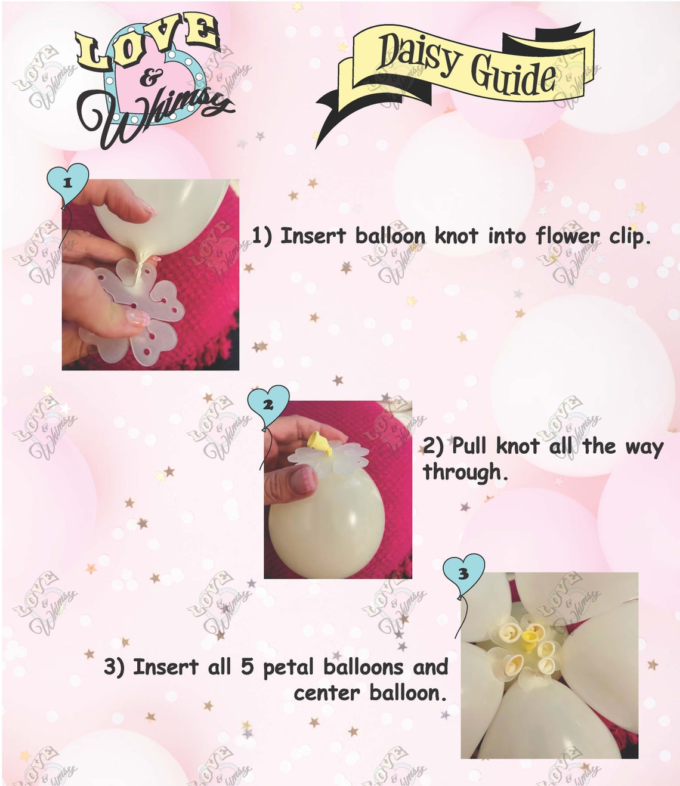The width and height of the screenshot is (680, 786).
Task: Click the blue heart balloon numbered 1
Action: pos(67,182)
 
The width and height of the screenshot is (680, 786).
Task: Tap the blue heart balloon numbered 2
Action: pos(268,405)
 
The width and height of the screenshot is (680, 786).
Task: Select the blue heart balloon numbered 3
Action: pos(463,574)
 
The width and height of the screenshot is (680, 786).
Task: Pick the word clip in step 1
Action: pos(628,237)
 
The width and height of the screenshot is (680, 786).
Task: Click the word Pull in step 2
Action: pos(471,446)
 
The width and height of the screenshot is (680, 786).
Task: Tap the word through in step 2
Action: pos(463,472)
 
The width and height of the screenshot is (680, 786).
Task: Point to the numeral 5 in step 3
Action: pos(248,667)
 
